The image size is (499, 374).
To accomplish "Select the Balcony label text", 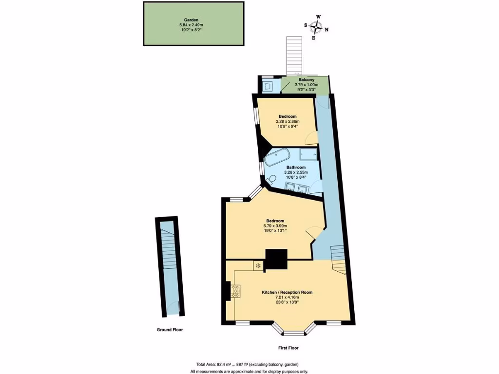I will pos(306,79).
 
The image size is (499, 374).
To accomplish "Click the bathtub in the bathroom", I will pos(277,157).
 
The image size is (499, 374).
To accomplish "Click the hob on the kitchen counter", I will pos(236,291).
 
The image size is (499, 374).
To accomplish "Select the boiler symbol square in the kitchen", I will pos(258,265).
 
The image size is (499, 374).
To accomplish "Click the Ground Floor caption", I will pos(169,330).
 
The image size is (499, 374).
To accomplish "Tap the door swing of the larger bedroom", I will pos(313,233).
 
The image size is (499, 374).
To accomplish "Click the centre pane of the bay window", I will pos(294,334).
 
